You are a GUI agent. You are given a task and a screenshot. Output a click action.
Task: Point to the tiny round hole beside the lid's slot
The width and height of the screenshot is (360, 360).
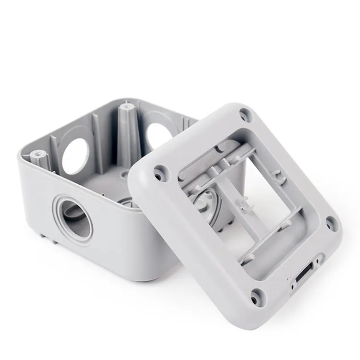[x=292, y=287]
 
